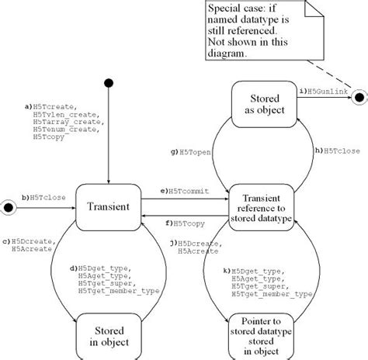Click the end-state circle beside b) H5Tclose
(11, 206)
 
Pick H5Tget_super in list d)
(99, 283)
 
